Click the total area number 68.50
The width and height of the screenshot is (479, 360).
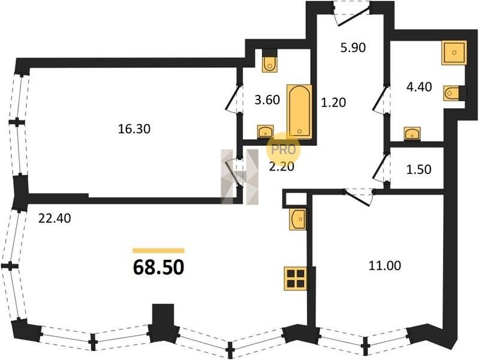tap(158, 268)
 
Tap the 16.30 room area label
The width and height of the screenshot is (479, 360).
tap(134, 129)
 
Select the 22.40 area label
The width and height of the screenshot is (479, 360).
tap(55, 218)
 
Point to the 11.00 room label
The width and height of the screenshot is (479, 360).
tap(385, 265)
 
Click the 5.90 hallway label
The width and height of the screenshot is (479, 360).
tap(353, 48)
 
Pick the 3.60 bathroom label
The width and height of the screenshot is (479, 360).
tap(267, 100)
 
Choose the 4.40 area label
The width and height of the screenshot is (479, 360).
tap(419, 87)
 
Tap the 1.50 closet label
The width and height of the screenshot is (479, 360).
tap(418, 169)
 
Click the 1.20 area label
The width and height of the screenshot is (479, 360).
tap(333, 103)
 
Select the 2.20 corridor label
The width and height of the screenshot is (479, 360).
tap(281, 166)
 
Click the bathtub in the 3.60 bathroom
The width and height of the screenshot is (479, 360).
tap(299, 112)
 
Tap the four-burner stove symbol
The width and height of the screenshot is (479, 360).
tap(296, 278)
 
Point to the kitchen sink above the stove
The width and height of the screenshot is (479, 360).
tap(298, 218)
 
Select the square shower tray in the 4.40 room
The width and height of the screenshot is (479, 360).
tap(454, 53)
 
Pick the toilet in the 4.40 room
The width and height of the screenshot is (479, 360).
tap(452, 93)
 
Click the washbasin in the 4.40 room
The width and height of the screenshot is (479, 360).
tap(412, 134)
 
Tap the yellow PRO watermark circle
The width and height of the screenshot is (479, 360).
tap(284, 150)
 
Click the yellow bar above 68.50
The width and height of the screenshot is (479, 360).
tap(158, 251)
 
